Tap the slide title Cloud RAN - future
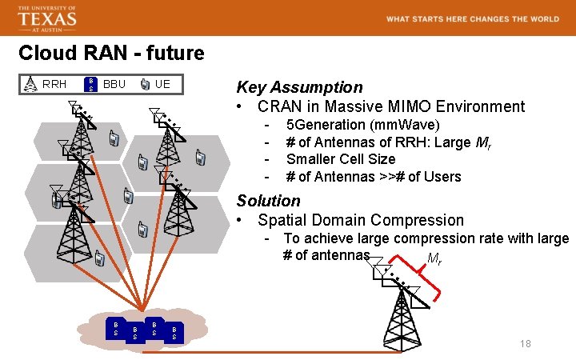coord(111,54)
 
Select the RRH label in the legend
coord(54,84)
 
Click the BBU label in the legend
coord(114,84)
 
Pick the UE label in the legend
coord(162,84)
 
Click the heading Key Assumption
coord(299,87)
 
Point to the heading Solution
coord(268,201)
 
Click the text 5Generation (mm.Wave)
coord(362,125)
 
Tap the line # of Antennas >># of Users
coord(374,177)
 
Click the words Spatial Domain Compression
coord(361,220)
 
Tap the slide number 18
coord(525,344)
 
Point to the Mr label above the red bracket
coord(434,259)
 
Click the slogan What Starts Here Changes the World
coord(473,18)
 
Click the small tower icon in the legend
coord(30,84)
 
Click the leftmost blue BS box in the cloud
coord(116,327)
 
